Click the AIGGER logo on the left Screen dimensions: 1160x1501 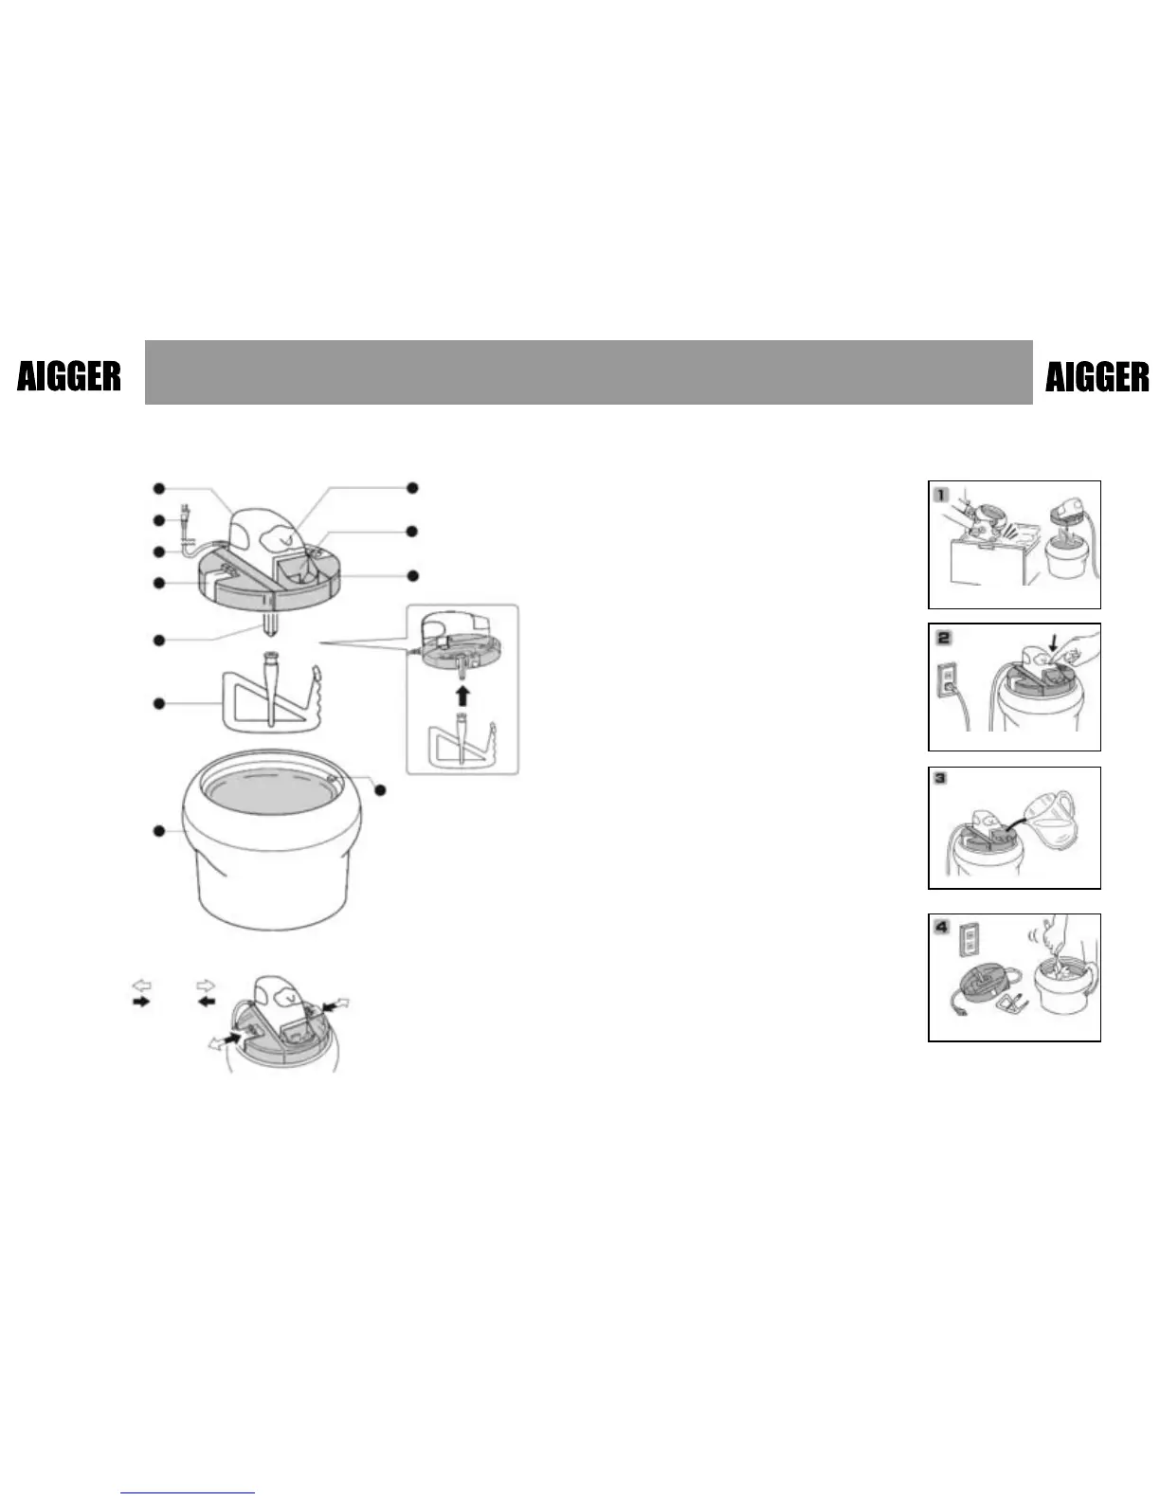tap(69, 377)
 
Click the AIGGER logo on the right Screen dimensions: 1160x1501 tap(1097, 377)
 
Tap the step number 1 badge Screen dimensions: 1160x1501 tap(940, 494)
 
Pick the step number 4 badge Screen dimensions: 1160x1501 tap(941, 926)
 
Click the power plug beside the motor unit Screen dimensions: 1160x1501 tap(183, 522)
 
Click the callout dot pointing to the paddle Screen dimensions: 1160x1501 tap(158, 703)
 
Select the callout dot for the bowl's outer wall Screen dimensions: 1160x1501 tap(158, 831)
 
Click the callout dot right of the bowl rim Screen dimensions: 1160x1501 tap(380, 789)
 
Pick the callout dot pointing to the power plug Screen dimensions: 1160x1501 tap(158, 520)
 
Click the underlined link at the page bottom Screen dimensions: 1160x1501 tap(189, 1492)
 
